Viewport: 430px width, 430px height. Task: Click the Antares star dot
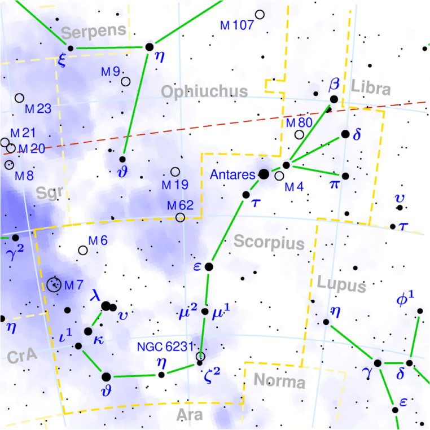(264, 174)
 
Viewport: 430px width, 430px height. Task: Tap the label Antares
(232, 175)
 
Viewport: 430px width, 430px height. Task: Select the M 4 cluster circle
(279, 176)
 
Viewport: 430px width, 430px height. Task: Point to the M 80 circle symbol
(299, 134)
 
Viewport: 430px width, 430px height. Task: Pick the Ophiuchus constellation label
(204, 91)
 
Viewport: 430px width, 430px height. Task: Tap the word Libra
(371, 89)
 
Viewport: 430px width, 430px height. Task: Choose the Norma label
(279, 382)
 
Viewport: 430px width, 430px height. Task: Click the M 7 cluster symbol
(55, 284)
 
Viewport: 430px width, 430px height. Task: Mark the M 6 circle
(84, 250)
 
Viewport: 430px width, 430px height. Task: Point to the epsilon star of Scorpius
(209, 266)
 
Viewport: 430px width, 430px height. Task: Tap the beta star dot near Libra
(334, 99)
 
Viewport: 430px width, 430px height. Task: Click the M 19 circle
(175, 172)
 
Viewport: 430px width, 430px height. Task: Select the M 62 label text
(181, 204)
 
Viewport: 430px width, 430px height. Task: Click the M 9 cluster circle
(125, 81)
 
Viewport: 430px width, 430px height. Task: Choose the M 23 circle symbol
(20, 98)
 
